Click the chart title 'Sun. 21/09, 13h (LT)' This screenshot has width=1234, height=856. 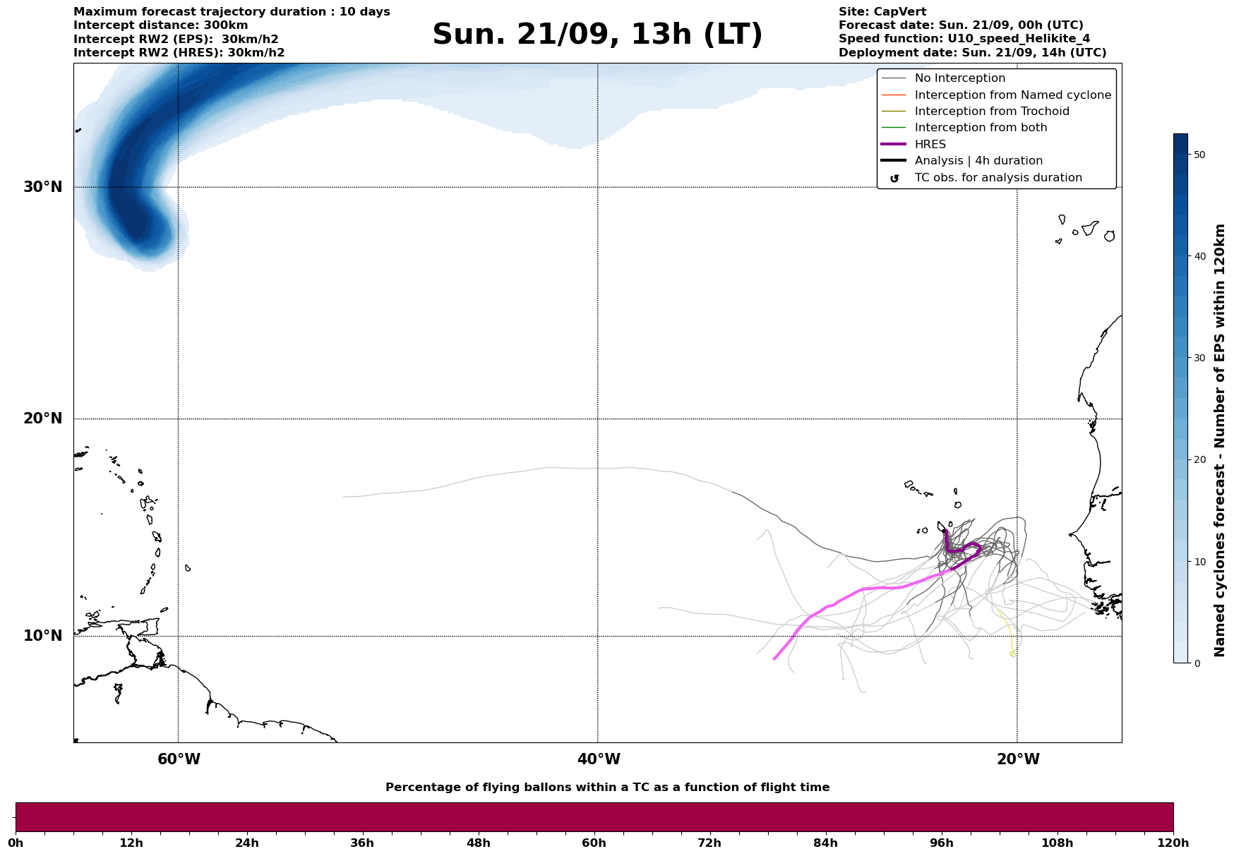[x=597, y=35]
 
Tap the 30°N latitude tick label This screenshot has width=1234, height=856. [x=43, y=187]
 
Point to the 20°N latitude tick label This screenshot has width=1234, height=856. [x=43, y=418]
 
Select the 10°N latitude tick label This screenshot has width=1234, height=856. [x=43, y=636]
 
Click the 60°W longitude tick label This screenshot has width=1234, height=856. [x=179, y=759]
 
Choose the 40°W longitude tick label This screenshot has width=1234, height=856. [x=599, y=759]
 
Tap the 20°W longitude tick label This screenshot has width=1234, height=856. [x=1018, y=759]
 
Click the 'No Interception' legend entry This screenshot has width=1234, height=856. [x=959, y=78]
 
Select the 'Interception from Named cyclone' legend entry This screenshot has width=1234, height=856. [x=1012, y=95]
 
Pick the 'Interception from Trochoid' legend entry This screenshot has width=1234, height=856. [x=991, y=111]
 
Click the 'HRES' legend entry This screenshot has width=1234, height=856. [x=930, y=145]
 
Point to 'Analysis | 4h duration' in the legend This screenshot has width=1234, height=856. [x=978, y=161]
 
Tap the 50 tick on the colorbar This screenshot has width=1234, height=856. [x=1199, y=155]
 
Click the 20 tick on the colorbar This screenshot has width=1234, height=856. [x=1199, y=460]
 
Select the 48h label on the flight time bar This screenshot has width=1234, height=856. [x=479, y=843]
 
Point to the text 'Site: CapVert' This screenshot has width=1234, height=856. [x=882, y=12]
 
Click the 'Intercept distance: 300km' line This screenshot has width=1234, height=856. [x=160, y=25]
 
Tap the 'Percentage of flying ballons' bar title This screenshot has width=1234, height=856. [x=607, y=788]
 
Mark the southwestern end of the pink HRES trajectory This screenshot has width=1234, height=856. [x=774, y=659]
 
